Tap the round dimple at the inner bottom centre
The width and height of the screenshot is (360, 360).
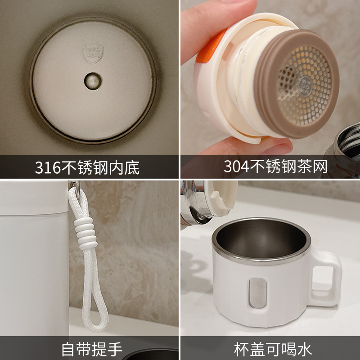point(93,81)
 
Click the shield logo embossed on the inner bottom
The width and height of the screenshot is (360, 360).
point(93,52)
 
